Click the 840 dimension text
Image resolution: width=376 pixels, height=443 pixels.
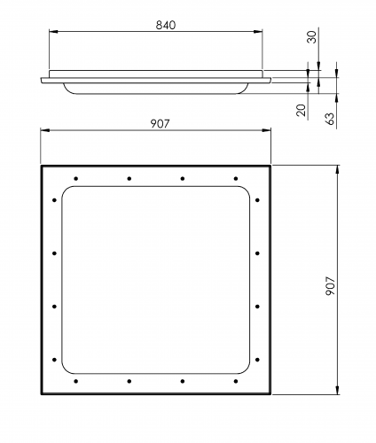coord(156,25)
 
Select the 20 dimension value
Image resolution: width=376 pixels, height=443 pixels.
coord(301,110)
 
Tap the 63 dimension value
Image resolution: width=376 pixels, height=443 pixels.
coord(330,118)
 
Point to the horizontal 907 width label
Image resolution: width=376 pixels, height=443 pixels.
coord(161,123)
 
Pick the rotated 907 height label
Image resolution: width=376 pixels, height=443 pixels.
coord(329,284)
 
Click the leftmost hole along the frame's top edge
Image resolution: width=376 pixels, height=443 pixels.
coord(76,178)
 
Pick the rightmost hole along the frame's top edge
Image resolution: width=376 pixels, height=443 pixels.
coord(235,178)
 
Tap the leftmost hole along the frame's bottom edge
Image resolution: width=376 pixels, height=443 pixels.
coord(76,381)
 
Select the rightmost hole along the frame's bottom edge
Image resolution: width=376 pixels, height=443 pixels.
coord(235,381)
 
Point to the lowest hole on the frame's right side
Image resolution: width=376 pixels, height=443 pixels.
coord(257,360)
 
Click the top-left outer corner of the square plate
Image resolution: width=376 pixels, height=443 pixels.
coord(41,165)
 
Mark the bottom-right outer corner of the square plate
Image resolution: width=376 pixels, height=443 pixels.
coord(270,394)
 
